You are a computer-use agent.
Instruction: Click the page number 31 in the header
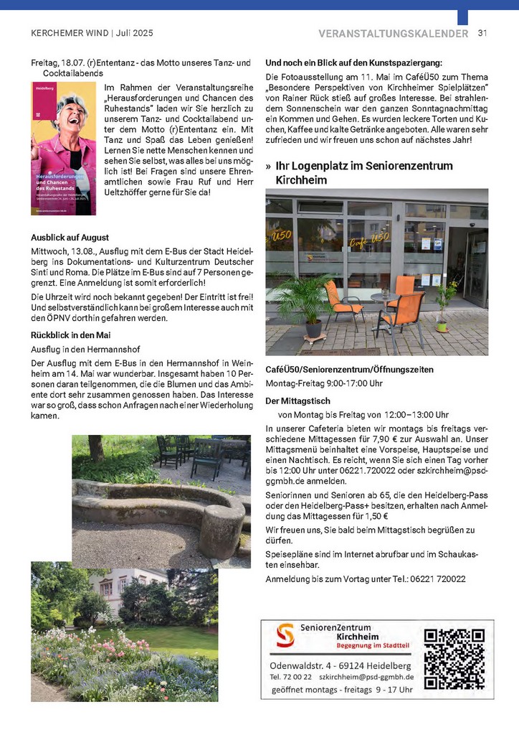482,33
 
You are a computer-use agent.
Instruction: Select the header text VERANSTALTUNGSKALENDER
393,33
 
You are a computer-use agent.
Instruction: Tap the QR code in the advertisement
454,658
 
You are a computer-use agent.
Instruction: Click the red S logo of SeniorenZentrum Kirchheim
285,635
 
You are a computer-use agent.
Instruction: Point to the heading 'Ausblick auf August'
70,238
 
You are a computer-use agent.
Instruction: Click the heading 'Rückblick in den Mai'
70,335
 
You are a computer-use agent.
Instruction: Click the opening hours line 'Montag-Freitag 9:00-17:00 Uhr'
324,383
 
